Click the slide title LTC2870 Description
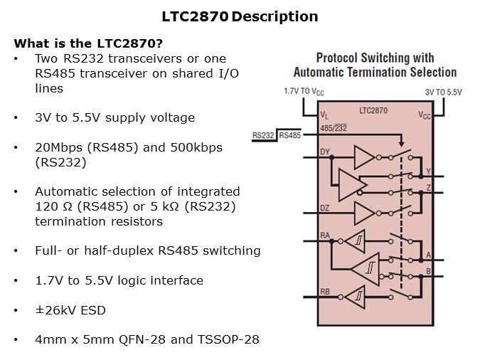tap(240, 16)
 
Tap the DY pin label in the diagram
tap(326, 152)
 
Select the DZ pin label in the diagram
tap(326, 208)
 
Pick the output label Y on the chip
tap(427, 171)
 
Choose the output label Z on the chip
tap(427, 186)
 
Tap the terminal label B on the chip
tap(428, 270)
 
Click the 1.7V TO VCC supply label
tap(305, 91)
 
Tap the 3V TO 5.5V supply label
tap(443, 91)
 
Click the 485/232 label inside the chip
tap(332, 127)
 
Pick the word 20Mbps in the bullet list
tap(58, 147)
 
